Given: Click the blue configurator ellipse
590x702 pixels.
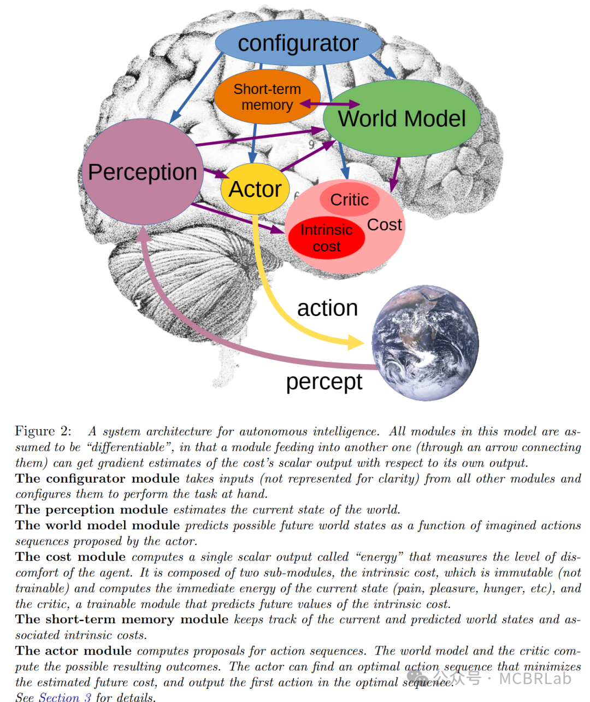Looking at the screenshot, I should (298, 43).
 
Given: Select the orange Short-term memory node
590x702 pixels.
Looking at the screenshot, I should (267, 97).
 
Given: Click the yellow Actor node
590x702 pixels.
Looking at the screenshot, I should (255, 189).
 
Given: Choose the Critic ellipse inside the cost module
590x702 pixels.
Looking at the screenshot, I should (349, 200).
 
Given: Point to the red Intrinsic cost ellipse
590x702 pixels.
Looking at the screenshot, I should (326, 238).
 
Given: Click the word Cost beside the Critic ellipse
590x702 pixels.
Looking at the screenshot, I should (385, 225).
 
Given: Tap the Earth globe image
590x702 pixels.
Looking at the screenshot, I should (425, 343).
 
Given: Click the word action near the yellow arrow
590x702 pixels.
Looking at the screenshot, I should (327, 308).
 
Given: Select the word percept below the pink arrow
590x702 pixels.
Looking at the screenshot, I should (324, 382).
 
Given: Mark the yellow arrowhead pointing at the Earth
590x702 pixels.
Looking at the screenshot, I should (356, 343).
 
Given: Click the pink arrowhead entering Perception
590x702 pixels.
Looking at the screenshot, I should (143, 233).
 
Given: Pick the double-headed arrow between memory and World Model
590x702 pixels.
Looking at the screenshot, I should (329, 103).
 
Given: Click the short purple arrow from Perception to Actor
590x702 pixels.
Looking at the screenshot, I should (216, 174).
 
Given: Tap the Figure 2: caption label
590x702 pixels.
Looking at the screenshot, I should (43, 431).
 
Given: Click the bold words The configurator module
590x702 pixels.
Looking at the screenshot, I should (97, 478).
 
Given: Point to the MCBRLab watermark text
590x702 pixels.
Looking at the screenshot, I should (535, 678).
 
